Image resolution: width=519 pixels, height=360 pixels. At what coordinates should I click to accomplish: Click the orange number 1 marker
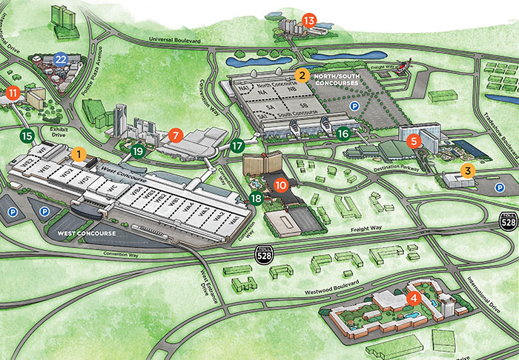tap(79, 154)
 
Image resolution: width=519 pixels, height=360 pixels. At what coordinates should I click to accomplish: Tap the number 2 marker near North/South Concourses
tap(302, 75)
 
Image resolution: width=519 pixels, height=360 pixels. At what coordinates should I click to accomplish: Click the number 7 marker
tap(175, 135)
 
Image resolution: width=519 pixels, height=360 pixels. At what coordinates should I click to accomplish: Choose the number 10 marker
tap(280, 184)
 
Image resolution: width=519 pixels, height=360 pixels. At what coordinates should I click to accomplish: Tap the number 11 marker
tap(13, 93)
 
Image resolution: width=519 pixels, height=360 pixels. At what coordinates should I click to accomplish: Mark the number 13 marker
tap(309, 21)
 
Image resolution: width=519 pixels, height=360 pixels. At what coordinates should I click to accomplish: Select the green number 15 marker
tap(27, 136)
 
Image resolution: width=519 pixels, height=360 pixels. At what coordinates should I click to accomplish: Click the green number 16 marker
tap(343, 134)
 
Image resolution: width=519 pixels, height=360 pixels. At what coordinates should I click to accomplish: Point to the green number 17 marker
tap(237, 146)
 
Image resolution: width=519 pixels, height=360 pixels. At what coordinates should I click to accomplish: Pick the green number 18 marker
tap(257, 198)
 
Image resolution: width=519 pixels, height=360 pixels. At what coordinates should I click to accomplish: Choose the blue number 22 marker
tap(62, 58)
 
